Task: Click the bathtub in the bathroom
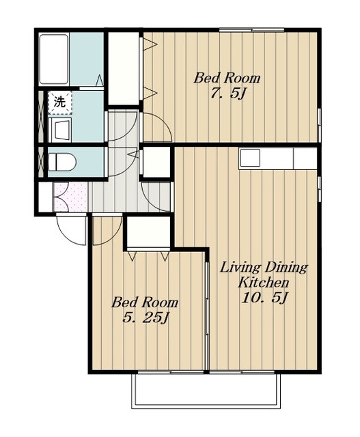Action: click(54, 59)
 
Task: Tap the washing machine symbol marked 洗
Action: click(60, 102)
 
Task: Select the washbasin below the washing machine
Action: click(60, 130)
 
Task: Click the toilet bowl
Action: click(62, 163)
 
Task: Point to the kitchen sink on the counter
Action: click(250, 158)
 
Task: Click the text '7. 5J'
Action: click(227, 94)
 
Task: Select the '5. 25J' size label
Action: click(146, 318)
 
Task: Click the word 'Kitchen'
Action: click(263, 283)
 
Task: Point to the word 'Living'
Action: click(240, 268)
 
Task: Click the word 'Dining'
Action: click(286, 268)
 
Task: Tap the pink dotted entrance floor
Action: click(70, 197)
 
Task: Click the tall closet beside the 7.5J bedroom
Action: click(123, 68)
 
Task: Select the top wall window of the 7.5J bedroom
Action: click(251, 30)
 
